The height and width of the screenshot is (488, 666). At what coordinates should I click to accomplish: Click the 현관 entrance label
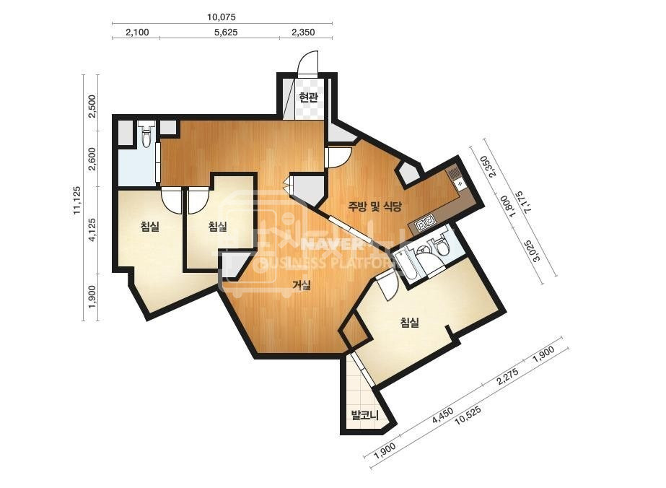(308, 98)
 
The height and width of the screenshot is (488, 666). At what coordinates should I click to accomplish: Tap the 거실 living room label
(302, 285)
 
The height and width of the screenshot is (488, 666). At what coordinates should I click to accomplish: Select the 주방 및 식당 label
(374, 207)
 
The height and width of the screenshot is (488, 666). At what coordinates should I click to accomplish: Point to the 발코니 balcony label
(364, 414)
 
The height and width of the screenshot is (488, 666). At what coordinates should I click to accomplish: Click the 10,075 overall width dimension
(222, 17)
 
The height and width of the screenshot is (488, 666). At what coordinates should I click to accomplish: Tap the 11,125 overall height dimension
(77, 200)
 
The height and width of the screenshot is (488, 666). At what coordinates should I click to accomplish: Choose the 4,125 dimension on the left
(92, 230)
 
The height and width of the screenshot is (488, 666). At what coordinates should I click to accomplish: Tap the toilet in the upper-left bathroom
(146, 134)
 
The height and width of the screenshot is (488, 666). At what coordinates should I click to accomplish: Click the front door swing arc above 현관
(307, 64)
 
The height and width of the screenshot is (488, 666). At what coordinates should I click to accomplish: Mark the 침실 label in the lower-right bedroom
(409, 323)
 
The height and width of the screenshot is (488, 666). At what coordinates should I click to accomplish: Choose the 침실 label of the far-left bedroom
(150, 226)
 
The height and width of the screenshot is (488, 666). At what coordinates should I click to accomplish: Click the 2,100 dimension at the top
(138, 32)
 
